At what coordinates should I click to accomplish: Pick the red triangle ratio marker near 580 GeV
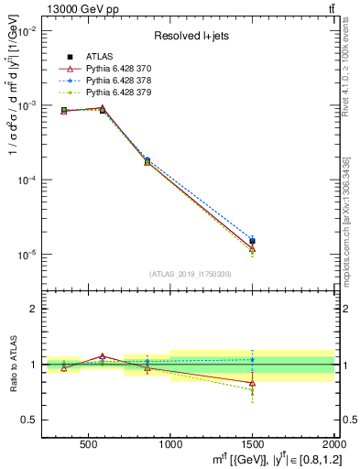coord(103,355)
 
